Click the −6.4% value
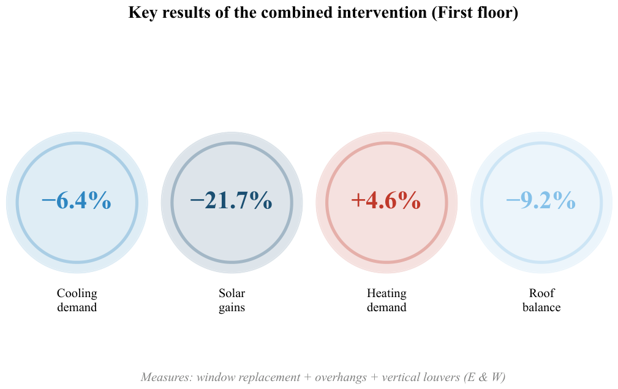(x=77, y=200)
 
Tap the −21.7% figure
(x=232, y=200)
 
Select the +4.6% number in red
(x=386, y=200)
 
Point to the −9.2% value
(x=541, y=200)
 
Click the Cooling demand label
(x=77, y=300)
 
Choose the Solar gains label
(x=232, y=300)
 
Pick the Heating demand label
(x=386, y=300)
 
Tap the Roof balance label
(x=541, y=300)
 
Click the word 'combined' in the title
(x=297, y=13)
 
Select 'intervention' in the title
(x=382, y=13)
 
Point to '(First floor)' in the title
(x=475, y=13)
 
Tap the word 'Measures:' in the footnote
(x=167, y=377)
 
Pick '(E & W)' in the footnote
(x=484, y=377)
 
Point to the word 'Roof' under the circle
(x=541, y=293)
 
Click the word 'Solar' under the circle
(x=232, y=293)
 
